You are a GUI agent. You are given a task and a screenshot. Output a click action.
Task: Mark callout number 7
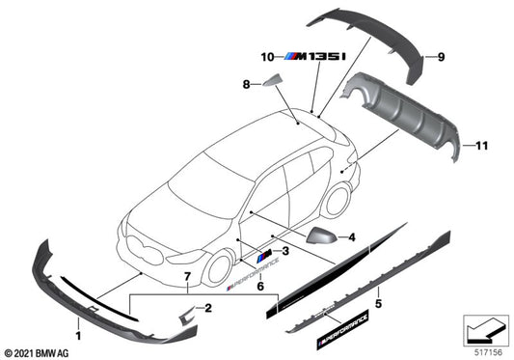187,278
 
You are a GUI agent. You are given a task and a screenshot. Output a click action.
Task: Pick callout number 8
246,85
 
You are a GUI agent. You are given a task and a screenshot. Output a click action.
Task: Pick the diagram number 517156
487,352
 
